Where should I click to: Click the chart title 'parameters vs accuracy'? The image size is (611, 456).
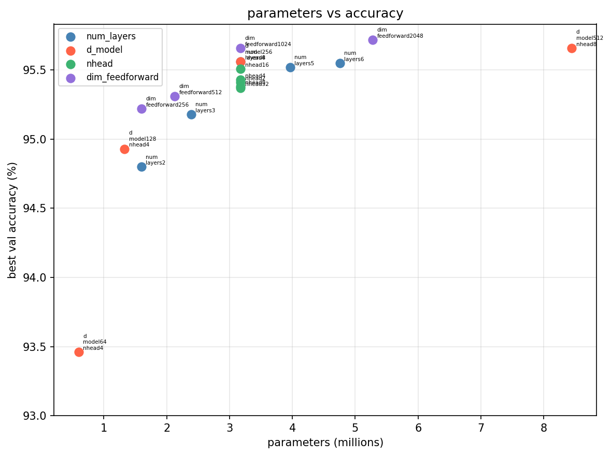point(325,13)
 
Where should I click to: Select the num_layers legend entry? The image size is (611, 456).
point(110,37)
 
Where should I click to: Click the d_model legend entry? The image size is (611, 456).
point(104,50)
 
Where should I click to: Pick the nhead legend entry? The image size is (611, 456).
point(99,64)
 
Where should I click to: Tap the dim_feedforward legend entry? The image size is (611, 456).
point(122,78)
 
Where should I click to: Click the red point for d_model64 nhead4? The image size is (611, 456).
point(79,352)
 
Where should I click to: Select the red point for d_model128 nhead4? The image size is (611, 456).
point(124,149)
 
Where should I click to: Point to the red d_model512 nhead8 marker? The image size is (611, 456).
point(572,48)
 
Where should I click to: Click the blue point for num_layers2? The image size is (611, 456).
point(141,167)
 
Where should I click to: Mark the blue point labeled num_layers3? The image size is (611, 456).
point(191,114)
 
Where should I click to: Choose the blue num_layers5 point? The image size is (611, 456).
point(290,67)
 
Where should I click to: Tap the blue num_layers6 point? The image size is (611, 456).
point(340,63)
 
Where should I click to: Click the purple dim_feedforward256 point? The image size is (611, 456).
point(141,109)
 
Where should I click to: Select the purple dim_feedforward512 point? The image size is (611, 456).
point(175,96)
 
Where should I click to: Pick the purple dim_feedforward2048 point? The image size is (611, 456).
point(373,40)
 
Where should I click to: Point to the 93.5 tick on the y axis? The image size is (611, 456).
point(38,347)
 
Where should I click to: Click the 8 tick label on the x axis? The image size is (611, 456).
point(543,428)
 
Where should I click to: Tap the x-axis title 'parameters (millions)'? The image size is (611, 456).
point(325,443)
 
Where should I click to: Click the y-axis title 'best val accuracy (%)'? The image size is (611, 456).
point(13,220)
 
